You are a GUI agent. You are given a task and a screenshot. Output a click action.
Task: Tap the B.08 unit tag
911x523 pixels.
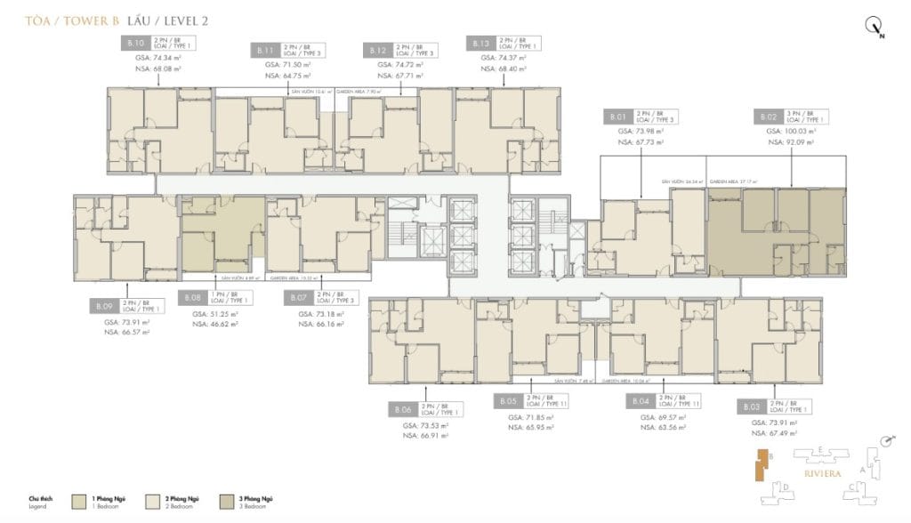193,298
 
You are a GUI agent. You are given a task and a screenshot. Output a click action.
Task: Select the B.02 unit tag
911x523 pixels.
769,117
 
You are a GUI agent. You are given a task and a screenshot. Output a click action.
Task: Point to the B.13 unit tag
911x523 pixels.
480,44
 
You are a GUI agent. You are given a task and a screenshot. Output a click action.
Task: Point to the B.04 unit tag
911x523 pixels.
640,401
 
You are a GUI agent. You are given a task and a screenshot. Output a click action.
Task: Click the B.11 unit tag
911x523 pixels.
262,50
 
